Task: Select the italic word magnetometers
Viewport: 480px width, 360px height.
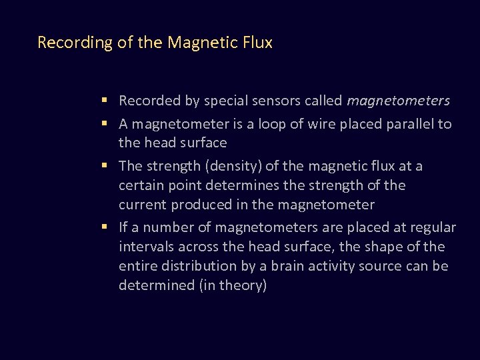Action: pos(399,101)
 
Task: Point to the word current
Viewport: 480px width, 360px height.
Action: pos(142,204)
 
